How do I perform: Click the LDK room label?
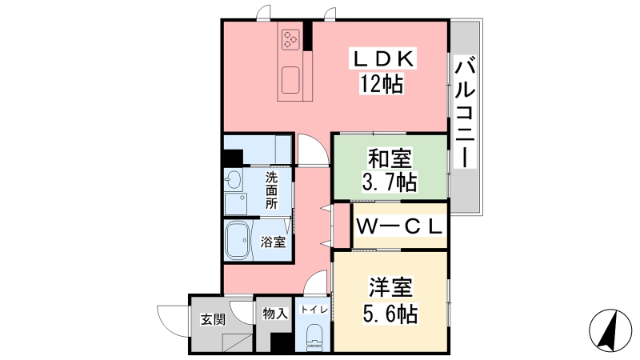click(383, 59)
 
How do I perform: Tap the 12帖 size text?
click(382, 85)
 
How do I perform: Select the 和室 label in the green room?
click(390, 158)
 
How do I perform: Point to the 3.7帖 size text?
click(390, 182)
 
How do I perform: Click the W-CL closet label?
click(399, 226)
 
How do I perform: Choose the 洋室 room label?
click(390, 287)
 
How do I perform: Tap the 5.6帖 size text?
click(390, 314)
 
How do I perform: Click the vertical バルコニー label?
click(465, 114)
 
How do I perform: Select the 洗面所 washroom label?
click(271, 190)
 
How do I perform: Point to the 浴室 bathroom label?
click(273, 242)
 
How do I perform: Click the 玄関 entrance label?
click(213, 318)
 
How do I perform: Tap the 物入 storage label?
click(275, 314)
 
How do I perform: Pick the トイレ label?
click(314, 310)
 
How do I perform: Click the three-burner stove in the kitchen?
click(290, 39)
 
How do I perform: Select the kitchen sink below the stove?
click(290, 79)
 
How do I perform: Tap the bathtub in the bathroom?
click(238, 240)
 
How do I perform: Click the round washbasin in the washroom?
click(233, 180)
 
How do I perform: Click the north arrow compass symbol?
click(610, 330)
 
